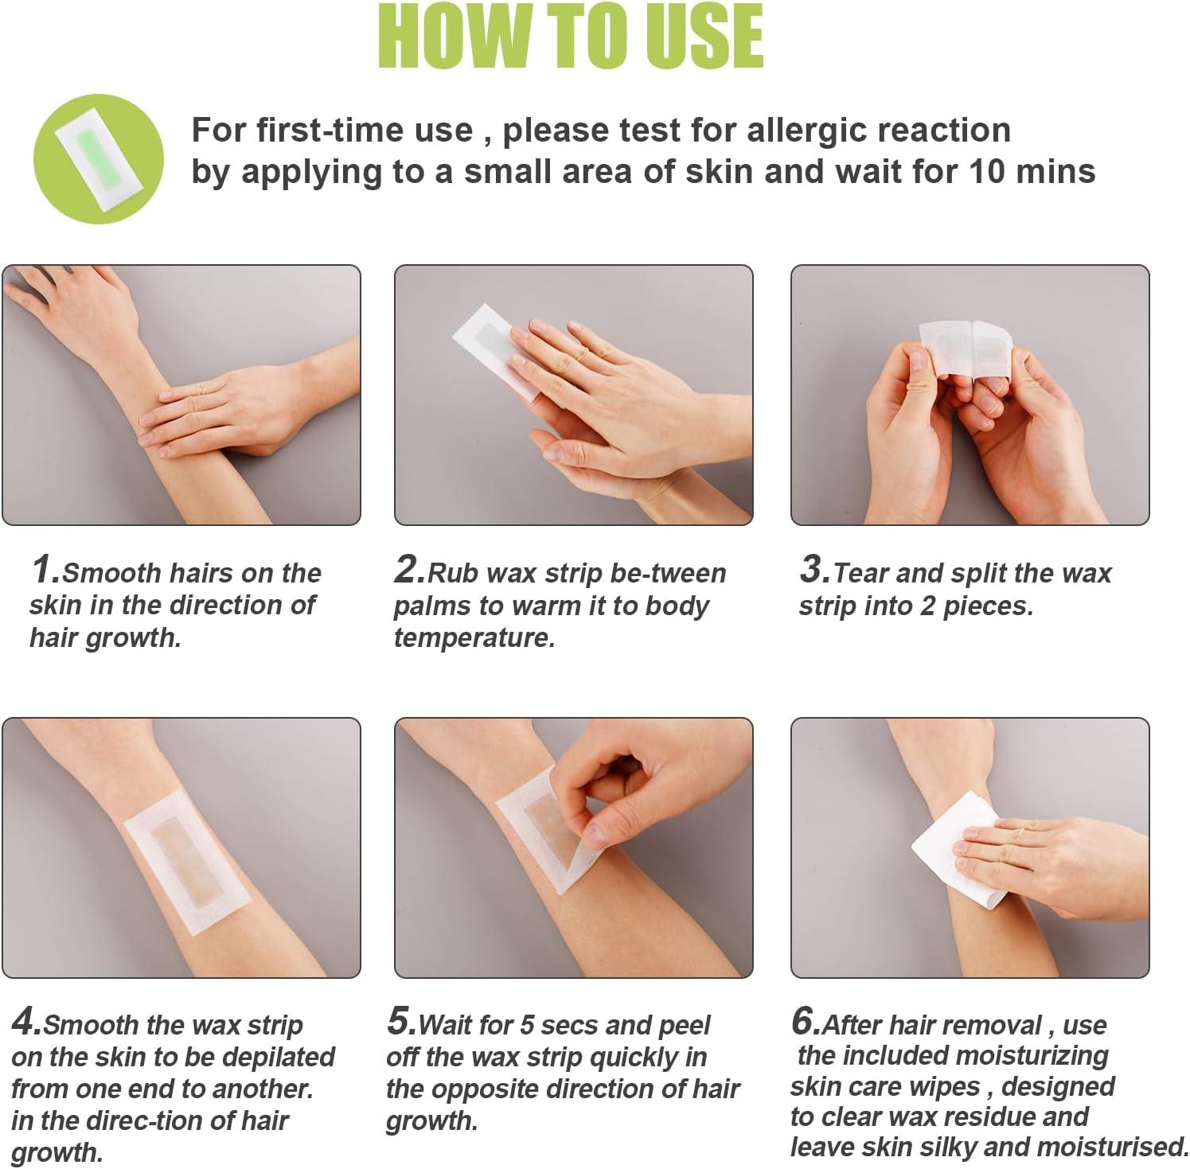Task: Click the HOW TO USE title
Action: tap(570, 37)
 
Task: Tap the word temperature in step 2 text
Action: tap(474, 638)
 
